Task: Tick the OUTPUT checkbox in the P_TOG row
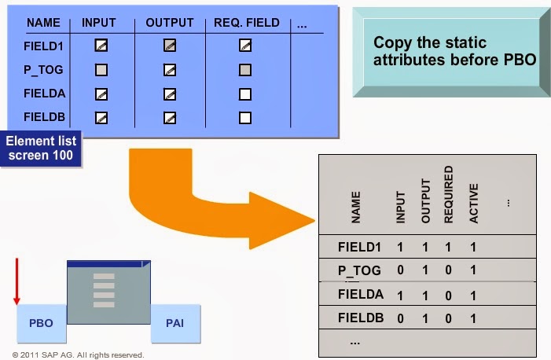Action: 169,71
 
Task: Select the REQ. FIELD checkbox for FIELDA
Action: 244,95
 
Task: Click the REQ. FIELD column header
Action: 247,23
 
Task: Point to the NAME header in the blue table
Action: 43,23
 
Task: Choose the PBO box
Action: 41,323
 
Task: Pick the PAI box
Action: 174,323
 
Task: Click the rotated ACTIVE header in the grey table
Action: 474,203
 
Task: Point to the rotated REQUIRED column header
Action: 449,193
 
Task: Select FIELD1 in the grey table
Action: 359,247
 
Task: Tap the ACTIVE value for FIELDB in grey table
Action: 473,320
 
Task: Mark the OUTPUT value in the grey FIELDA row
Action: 425,296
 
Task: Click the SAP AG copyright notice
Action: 79,354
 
